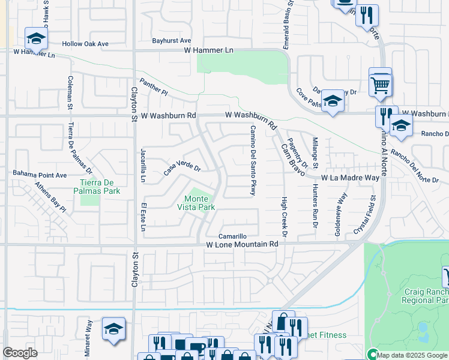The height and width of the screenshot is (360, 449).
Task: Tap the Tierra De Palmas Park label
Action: pyautogui.click(x=100, y=187)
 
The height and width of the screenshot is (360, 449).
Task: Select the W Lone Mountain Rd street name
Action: pyautogui.click(x=243, y=245)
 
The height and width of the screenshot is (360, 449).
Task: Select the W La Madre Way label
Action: pyautogui.click(x=350, y=178)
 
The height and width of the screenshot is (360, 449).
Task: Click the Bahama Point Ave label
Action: pyautogui.click(x=40, y=174)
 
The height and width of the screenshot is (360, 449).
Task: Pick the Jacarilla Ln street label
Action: pyautogui.click(x=143, y=165)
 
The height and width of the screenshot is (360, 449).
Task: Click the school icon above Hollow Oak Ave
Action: pyautogui.click(x=36, y=39)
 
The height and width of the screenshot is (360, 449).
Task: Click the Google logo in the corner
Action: pyautogui.click(x=20, y=353)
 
